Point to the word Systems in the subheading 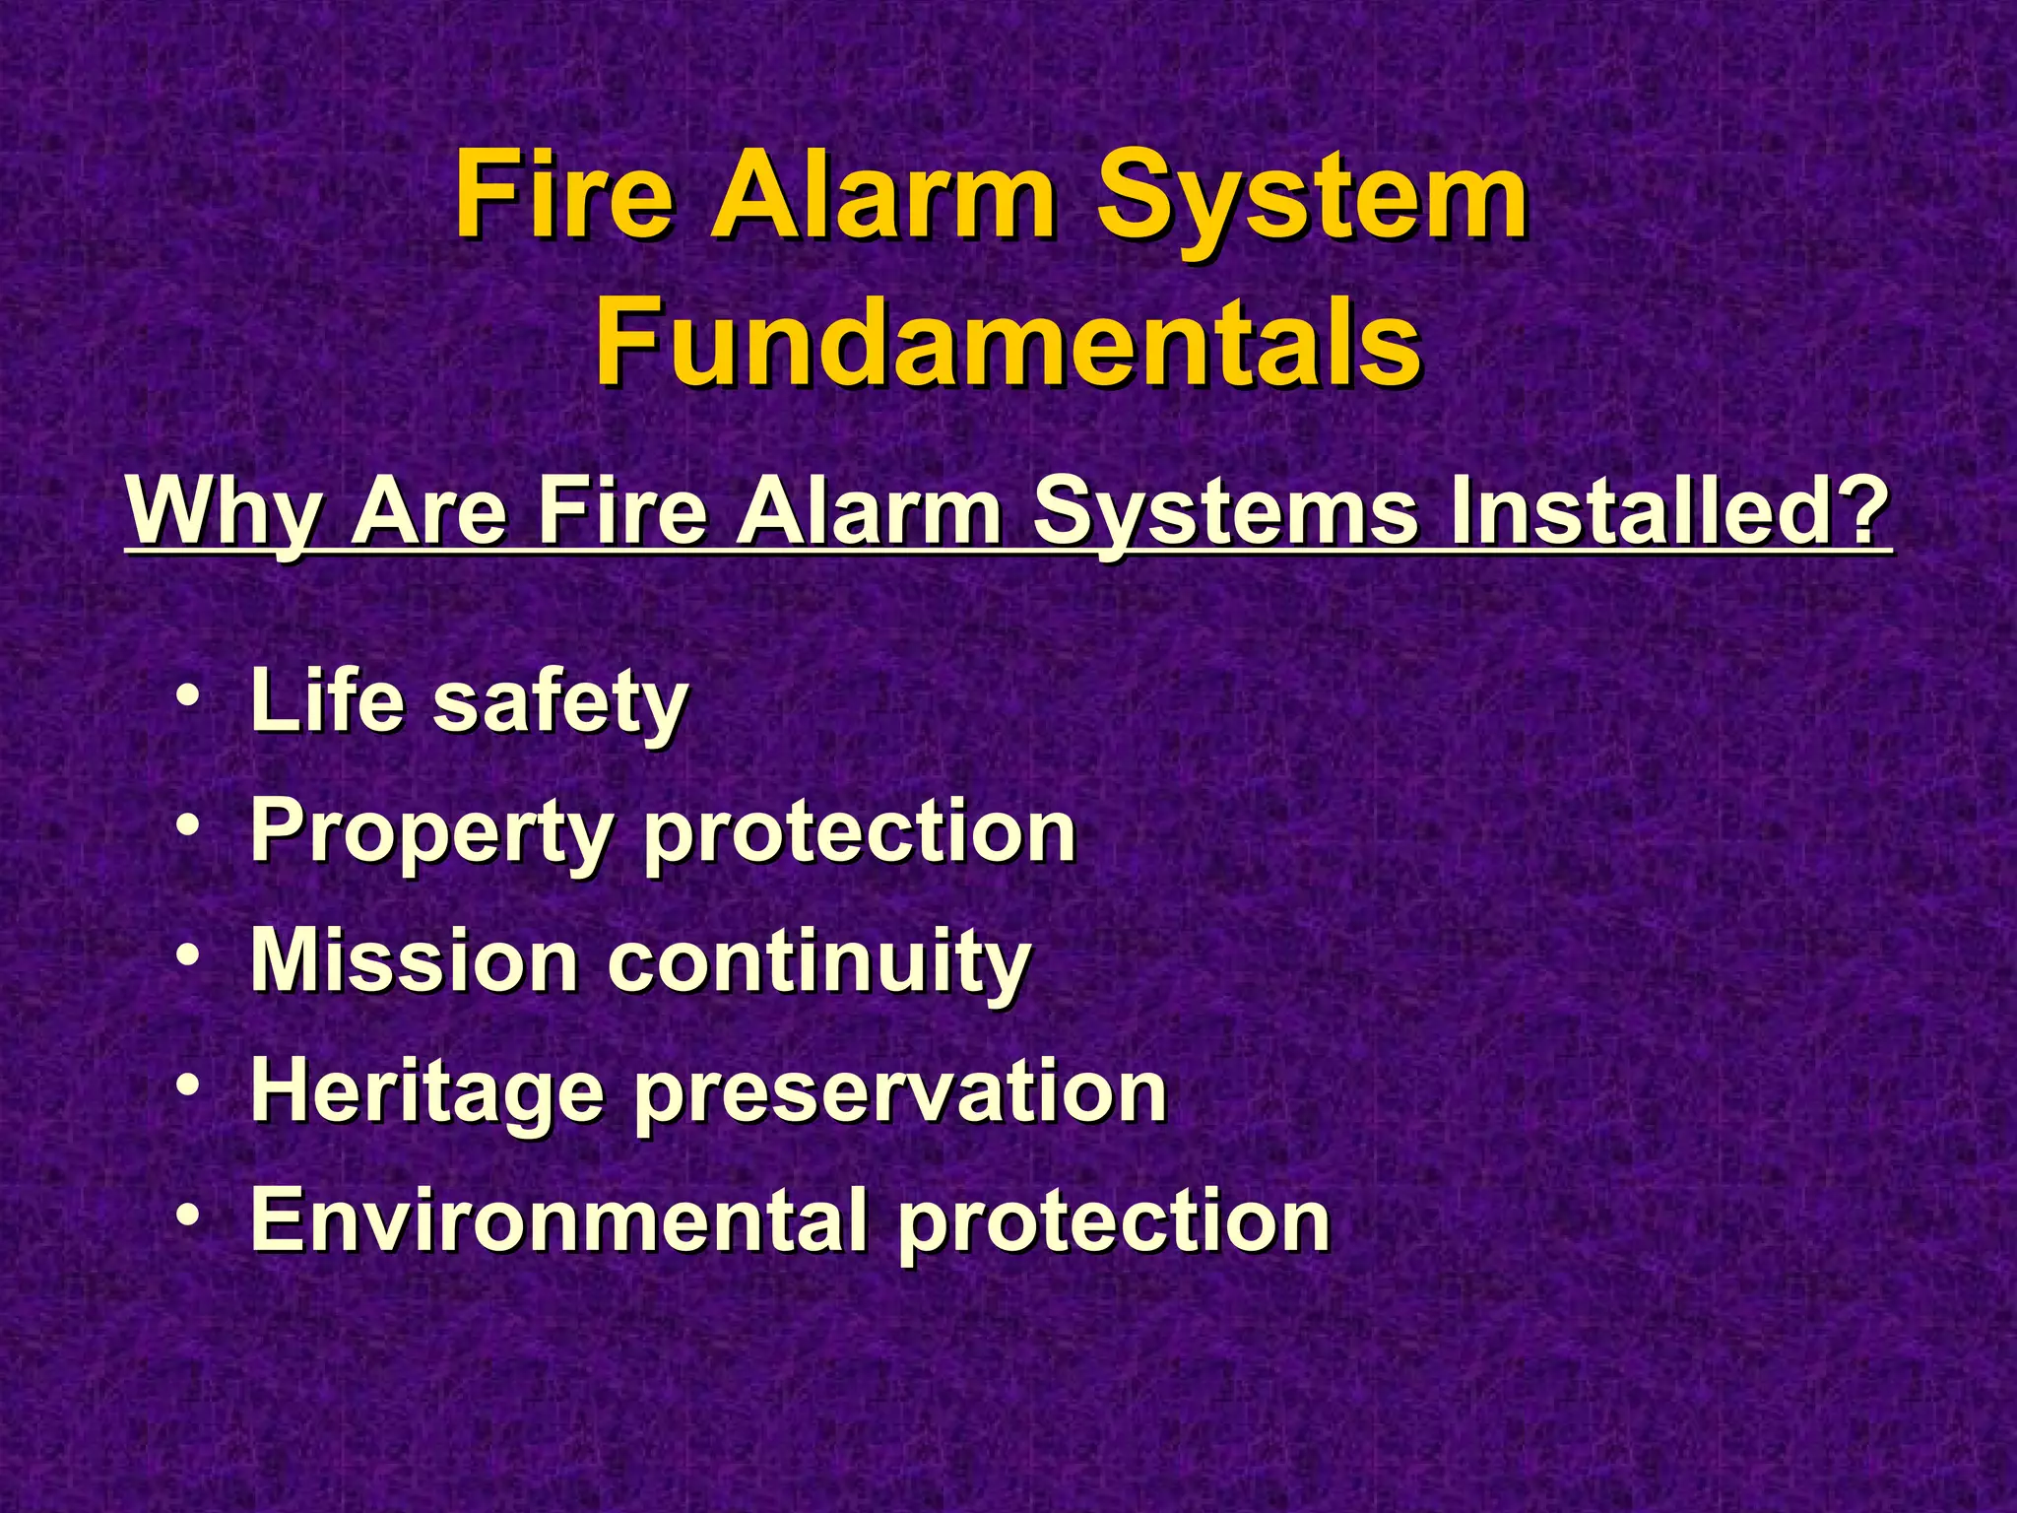click(x=1226, y=511)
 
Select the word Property click(x=432, y=833)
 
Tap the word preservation click(x=901, y=1092)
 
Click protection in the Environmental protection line click(x=1114, y=1220)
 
